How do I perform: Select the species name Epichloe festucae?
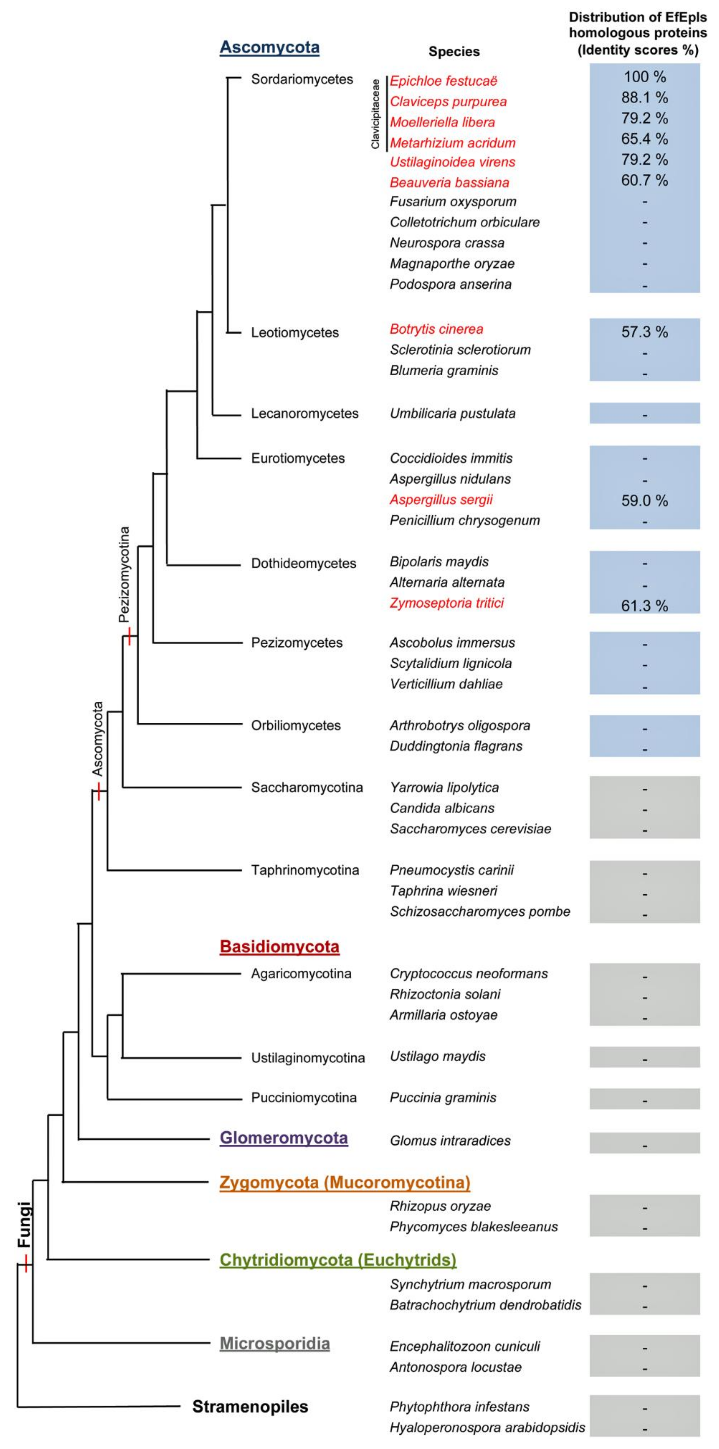(444, 81)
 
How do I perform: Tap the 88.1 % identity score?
(644, 98)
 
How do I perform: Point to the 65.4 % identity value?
(644, 139)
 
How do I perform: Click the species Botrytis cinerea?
(436, 329)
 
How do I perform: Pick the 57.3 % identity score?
(644, 332)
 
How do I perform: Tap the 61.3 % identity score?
(644, 606)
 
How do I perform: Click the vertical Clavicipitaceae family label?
(375, 114)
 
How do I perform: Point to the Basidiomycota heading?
(279, 947)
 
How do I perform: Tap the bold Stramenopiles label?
(250, 1406)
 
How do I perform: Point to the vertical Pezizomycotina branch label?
(124, 574)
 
